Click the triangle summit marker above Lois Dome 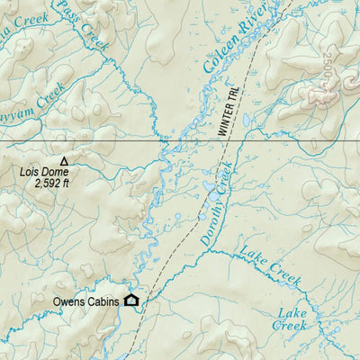(x=63, y=160)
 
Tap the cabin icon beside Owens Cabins (x=131, y=301)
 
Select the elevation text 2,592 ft (x=51, y=182)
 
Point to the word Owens (x=70, y=302)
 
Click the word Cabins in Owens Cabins (x=103, y=302)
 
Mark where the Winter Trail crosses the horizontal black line (x=237, y=143)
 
